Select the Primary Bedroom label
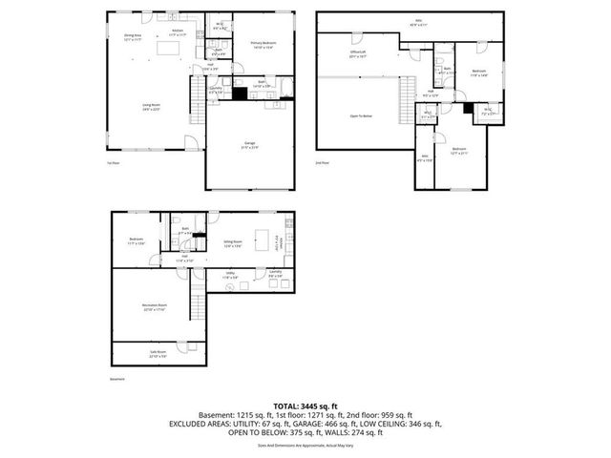[x=263, y=44]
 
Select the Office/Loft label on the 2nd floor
[x=358, y=55]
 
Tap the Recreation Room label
[x=155, y=308]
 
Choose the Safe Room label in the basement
[x=154, y=354]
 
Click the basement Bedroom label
[x=137, y=240]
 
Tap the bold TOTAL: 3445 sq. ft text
[x=305, y=405]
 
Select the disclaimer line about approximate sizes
[x=305, y=444]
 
